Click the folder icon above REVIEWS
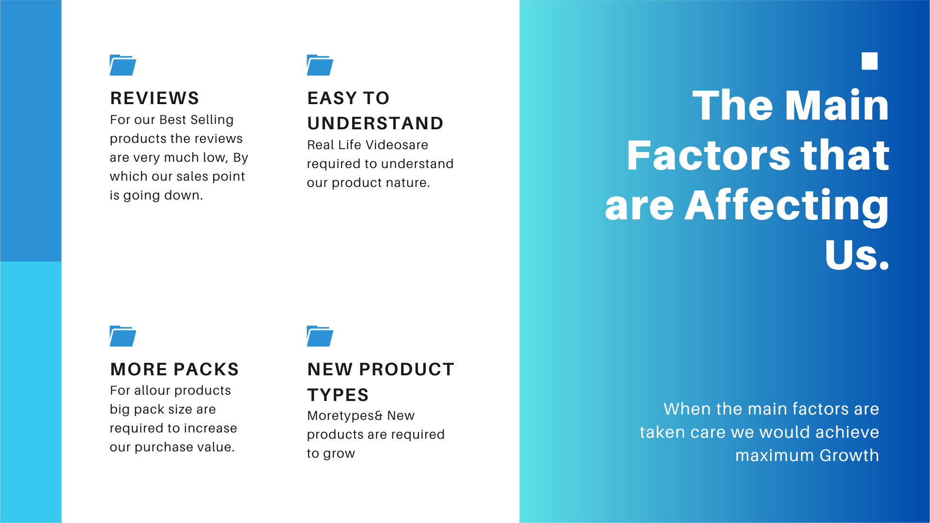coord(123,65)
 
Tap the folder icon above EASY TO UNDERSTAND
coord(320,65)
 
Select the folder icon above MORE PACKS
coord(123,336)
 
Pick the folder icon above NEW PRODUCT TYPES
coord(320,336)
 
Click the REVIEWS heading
coord(155,98)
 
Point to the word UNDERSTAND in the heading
coord(375,123)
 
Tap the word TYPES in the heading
coord(338,395)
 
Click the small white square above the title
coord(869,61)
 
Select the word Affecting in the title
coord(786,206)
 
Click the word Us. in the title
coord(857,255)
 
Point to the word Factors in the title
coord(709,155)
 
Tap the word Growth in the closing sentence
coord(849,456)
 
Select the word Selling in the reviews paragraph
coord(212,120)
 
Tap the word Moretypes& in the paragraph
coord(345,416)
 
